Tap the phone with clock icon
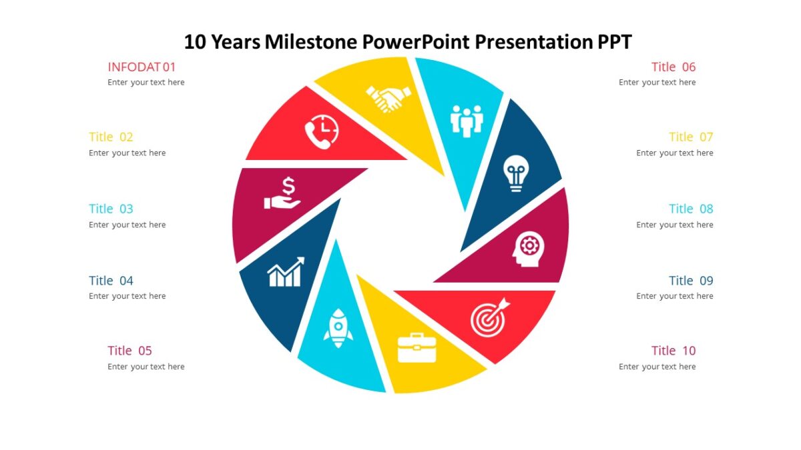[322, 131]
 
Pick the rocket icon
[338, 328]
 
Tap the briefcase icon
[417, 347]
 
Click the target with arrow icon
[490, 316]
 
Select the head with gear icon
[529, 249]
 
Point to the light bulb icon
[515, 173]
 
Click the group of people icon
[467, 120]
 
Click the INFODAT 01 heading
[142, 67]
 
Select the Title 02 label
[111, 137]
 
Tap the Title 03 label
[111, 209]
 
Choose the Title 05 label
[129, 351]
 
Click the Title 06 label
[674, 67]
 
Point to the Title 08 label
[691, 209]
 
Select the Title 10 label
[674, 351]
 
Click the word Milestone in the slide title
[311, 42]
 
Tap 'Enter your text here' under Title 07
[674, 153]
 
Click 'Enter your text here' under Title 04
[127, 296]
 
